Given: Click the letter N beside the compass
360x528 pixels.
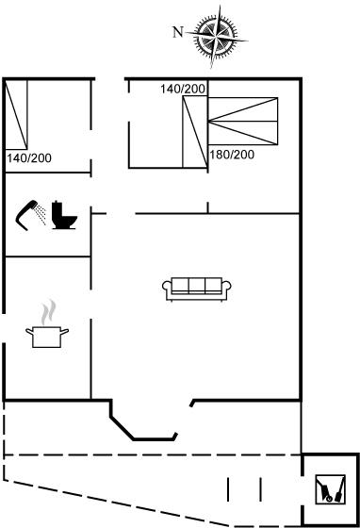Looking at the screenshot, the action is click(178, 32).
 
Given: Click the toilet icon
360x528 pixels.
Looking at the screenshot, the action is click(64, 215).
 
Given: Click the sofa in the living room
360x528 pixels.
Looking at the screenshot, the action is click(197, 289).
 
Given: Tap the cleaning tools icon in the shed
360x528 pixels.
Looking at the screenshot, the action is click(331, 489).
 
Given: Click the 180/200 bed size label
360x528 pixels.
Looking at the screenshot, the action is click(232, 155).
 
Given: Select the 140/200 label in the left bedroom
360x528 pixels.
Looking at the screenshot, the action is click(29, 158).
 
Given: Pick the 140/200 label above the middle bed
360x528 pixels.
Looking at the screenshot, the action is click(183, 89).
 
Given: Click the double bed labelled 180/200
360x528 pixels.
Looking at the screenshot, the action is click(243, 122).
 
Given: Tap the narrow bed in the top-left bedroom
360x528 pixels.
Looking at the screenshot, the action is click(16, 114).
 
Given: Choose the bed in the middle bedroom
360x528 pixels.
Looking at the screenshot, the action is click(195, 132).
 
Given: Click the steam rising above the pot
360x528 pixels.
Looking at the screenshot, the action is click(48, 312).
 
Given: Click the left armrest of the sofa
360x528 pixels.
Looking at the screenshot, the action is click(167, 289).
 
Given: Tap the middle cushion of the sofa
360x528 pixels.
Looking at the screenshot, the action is click(197, 285).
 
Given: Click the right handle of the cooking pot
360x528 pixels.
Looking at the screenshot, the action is click(65, 332).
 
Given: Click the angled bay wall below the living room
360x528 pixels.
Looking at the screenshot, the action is click(122, 428).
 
